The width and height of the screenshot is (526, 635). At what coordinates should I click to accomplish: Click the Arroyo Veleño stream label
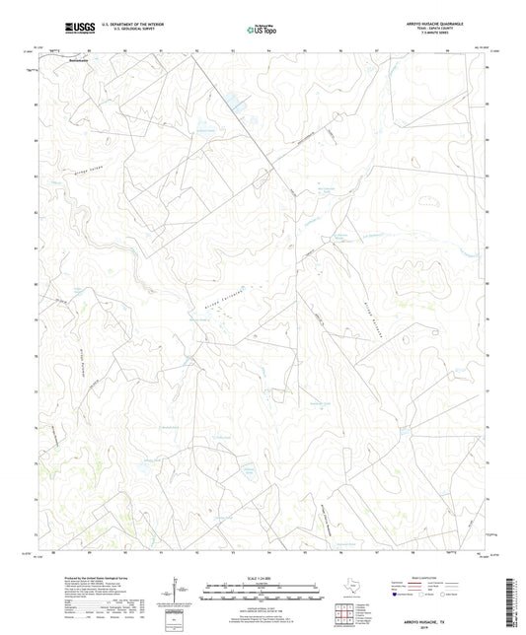click(x=89, y=172)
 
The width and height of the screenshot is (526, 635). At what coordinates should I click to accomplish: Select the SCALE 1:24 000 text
click(x=263, y=577)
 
